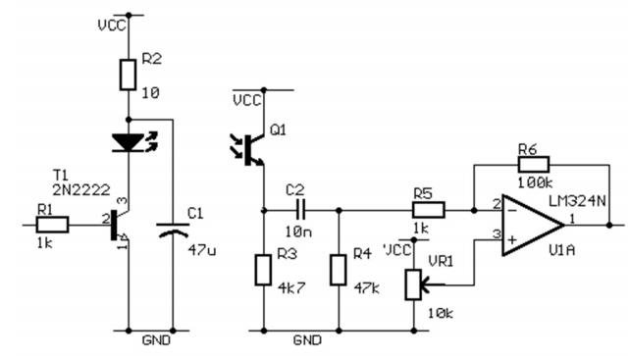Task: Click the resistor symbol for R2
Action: click(128, 75)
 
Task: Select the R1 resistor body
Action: click(52, 225)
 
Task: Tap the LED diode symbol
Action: click(134, 141)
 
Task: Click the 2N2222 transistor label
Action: click(81, 190)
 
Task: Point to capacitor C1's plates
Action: click(173, 230)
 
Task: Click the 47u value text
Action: click(202, 251)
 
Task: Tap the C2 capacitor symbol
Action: click(301, 210)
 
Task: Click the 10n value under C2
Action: click(299, 231)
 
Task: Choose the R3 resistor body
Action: click(263, 270)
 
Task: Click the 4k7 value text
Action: click(291, 287)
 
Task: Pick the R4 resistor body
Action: click(339, 270)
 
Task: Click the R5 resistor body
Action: click(429, 210)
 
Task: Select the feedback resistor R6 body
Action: click(534, 165)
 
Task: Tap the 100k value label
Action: click(535, 183)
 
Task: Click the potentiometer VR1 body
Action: click(413, 285)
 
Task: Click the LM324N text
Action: click(577, 200)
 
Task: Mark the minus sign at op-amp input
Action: click(512, 210)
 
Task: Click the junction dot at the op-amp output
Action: click(609, 226)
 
